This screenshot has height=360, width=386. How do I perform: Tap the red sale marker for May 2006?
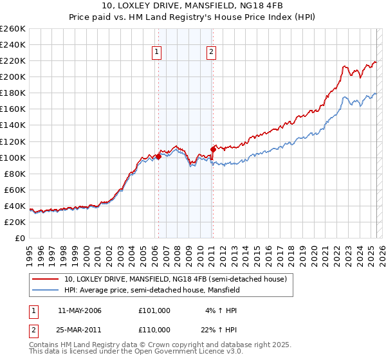pyautogui.click(x=158, y=156)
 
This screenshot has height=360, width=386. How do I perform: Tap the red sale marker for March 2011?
pyautogui.click(x=213, y=149)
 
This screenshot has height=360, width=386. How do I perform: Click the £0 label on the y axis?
pyautogui.click(x=21, y=238)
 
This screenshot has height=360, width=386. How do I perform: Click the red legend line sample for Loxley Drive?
pyautogui.click(x=44, y=279)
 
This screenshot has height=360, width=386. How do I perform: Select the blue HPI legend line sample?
pyautogui.click(x=44, y=290)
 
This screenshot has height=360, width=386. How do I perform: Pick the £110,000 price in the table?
pyautogui.click(x=154, y=329)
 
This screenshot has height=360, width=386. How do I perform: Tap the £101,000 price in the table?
pyautogui.click(x=154, y=310)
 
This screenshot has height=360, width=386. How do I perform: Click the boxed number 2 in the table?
pyautogui.click(x=33, y=329)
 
